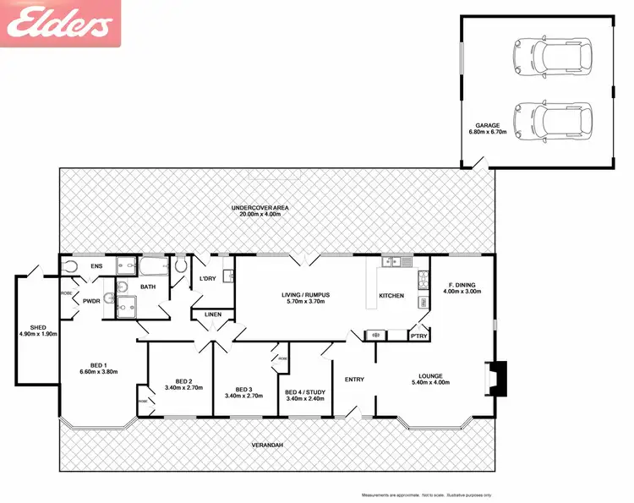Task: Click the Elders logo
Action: click(61, 24)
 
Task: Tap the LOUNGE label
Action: click(430, 376)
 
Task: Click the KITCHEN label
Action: click(391, 296)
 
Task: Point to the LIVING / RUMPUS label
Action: click(306, 294)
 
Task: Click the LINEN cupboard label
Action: click(211, 316)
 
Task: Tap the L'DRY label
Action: click(208, 279)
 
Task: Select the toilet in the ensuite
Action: click(70, 267)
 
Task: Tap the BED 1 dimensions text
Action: click(99, 372)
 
